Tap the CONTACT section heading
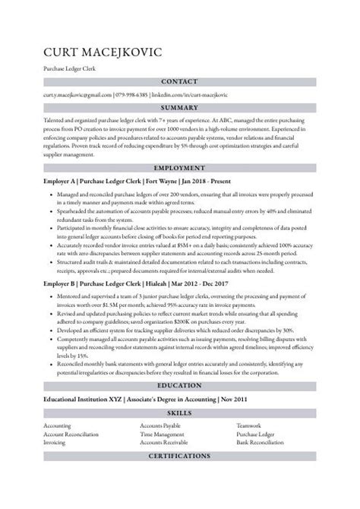(x=179, y=81)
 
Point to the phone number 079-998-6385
(x=136, y=95)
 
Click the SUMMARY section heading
(x=179, y=108)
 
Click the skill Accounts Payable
(x=161, y=425)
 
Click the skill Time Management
(x=162, y=433)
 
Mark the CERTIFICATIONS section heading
(x=179, y=456)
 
